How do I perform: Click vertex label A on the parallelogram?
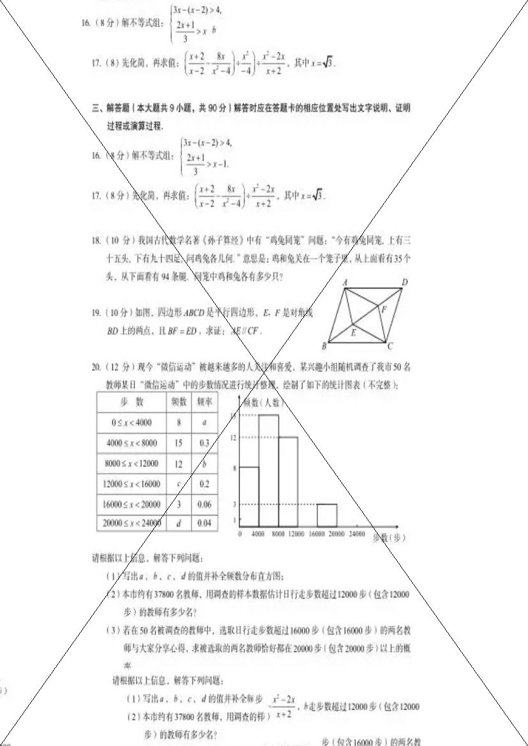345,281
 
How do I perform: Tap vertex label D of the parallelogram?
405,281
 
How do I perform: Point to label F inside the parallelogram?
384,310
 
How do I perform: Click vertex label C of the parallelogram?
389,347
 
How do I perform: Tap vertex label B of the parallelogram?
324,347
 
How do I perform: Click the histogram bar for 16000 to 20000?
327,514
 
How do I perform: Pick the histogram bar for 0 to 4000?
249,495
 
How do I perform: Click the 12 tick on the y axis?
234,437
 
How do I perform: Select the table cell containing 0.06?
204,504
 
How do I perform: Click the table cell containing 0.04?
204,523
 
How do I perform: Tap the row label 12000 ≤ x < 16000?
132,484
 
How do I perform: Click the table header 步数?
132,402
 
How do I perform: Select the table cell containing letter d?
178,523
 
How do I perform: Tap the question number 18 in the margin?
96,241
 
